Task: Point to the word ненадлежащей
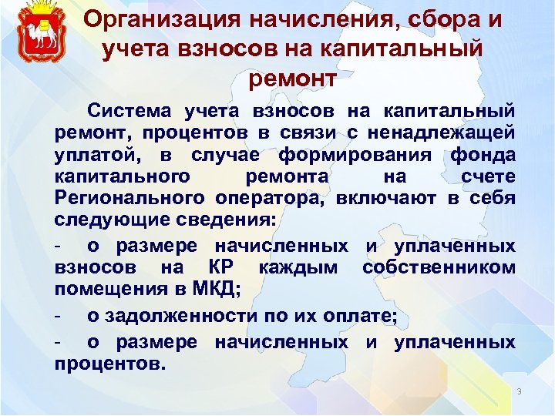[x=449, y=133]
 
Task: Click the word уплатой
[x=91, y=154]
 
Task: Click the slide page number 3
[x=520, y=392]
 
